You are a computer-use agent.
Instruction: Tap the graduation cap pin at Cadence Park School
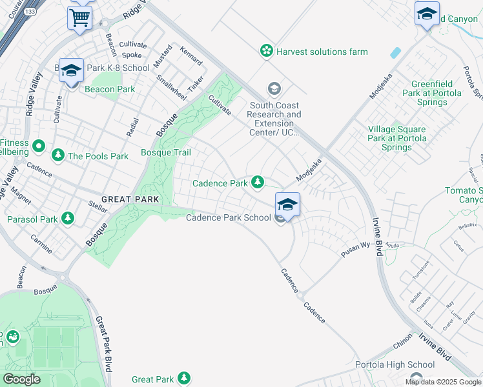coord(287,205)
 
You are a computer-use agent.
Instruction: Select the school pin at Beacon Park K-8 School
coord(71,70)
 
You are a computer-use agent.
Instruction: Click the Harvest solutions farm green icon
coord(265,51)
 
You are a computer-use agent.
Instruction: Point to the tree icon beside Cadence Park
coord(258,183)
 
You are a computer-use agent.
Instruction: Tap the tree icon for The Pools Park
coord(58,155)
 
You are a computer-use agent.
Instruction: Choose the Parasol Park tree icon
coord(68,219)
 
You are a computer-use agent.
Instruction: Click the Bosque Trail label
coord(166,153)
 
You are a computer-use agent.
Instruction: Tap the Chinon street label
coord(402,335)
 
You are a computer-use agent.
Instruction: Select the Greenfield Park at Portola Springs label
coord(437,93)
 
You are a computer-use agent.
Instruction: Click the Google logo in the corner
coord(21,379)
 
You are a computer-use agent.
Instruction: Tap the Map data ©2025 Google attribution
coord(444,382)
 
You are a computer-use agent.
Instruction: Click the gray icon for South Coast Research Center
coord(274,88)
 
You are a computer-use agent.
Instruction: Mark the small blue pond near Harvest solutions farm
coord(395,53)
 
